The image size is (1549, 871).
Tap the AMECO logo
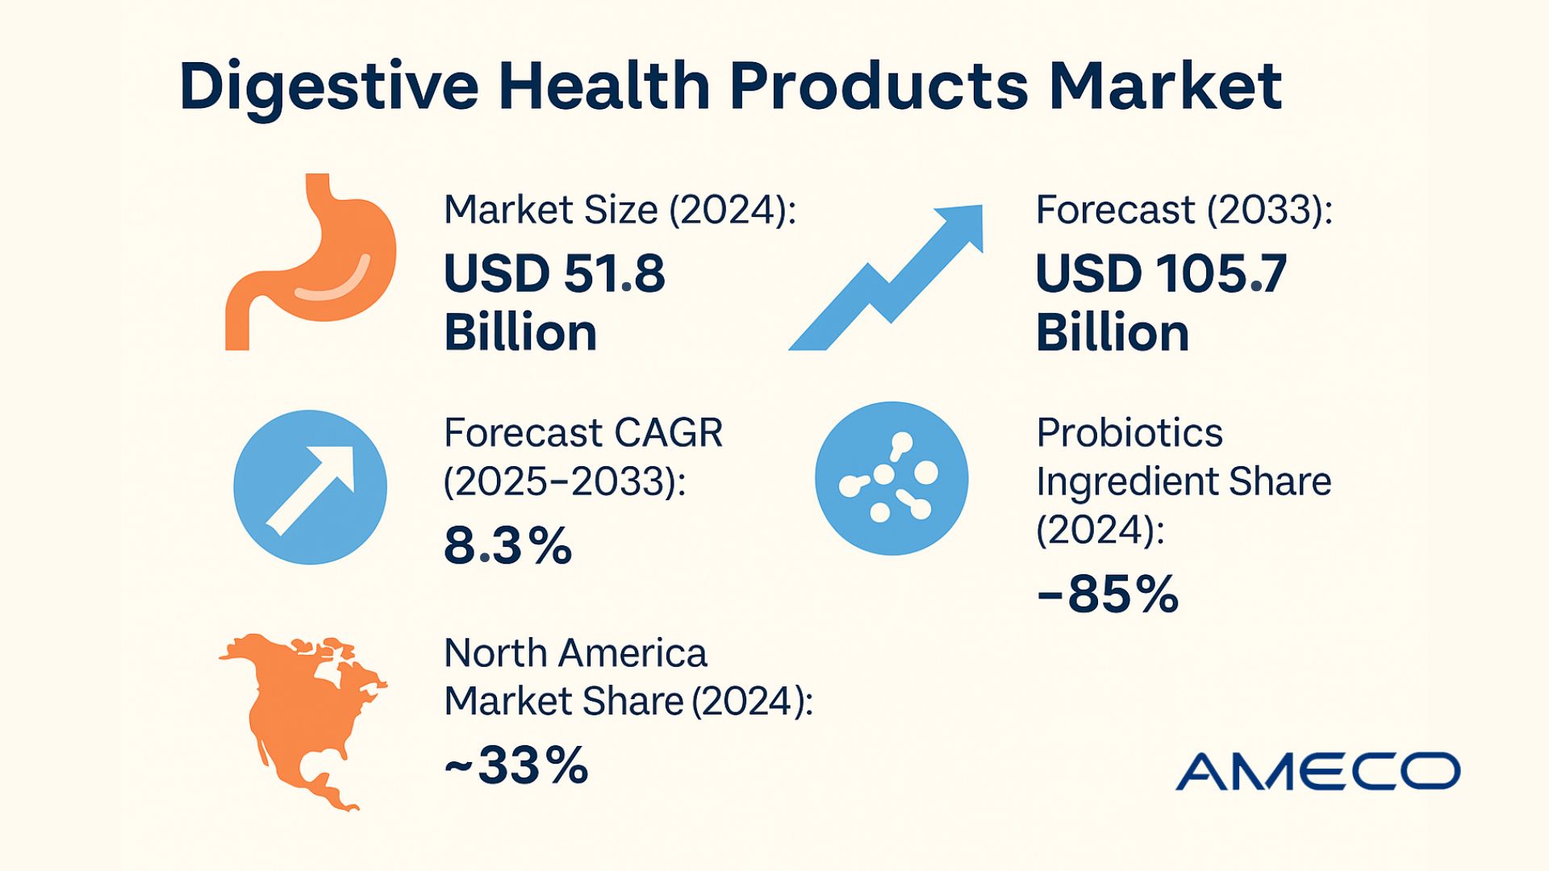pyautogui.click(x=1317, y=771)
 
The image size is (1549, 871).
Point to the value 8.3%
pyautogui.click(x=507, y=546)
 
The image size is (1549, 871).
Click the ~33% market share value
pyautogui.click(x=516, y=765)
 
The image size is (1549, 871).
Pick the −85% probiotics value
pyautogui.click(x=1107, y=595)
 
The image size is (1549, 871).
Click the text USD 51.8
pyautogui.click(x=554, y=273)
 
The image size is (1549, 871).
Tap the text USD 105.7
pyautogui.click(x=1160, y=273)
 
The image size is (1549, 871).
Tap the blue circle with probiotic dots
pyautogui.click(x=891, y=478)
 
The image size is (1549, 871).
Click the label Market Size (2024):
pyautogui.click(x=620, y=210)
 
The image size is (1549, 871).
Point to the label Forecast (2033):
pyautogui.click(x=1184, y=210)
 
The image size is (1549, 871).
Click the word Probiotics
pyautogui.click(x=1129, y=433)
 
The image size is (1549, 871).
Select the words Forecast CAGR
pyautogui.click(x=582, y=433)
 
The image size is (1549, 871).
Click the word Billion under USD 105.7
pyautogui.click(x=1112, y=333)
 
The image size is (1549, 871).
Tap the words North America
pyautogui.click(x=574, y=653)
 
